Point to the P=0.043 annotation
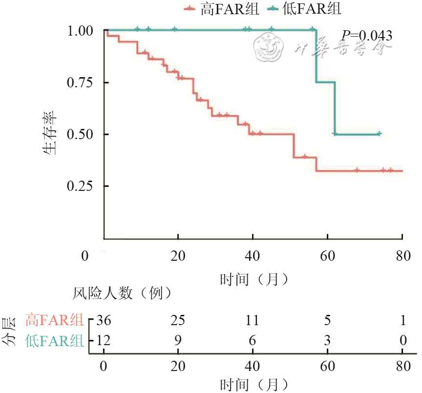366,35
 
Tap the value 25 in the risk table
178,320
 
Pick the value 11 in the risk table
253,320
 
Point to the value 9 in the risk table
178,340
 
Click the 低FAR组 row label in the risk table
54,341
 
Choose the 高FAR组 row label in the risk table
54,321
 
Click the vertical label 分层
10,331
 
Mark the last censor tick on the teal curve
379,133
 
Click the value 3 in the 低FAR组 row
327,340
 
